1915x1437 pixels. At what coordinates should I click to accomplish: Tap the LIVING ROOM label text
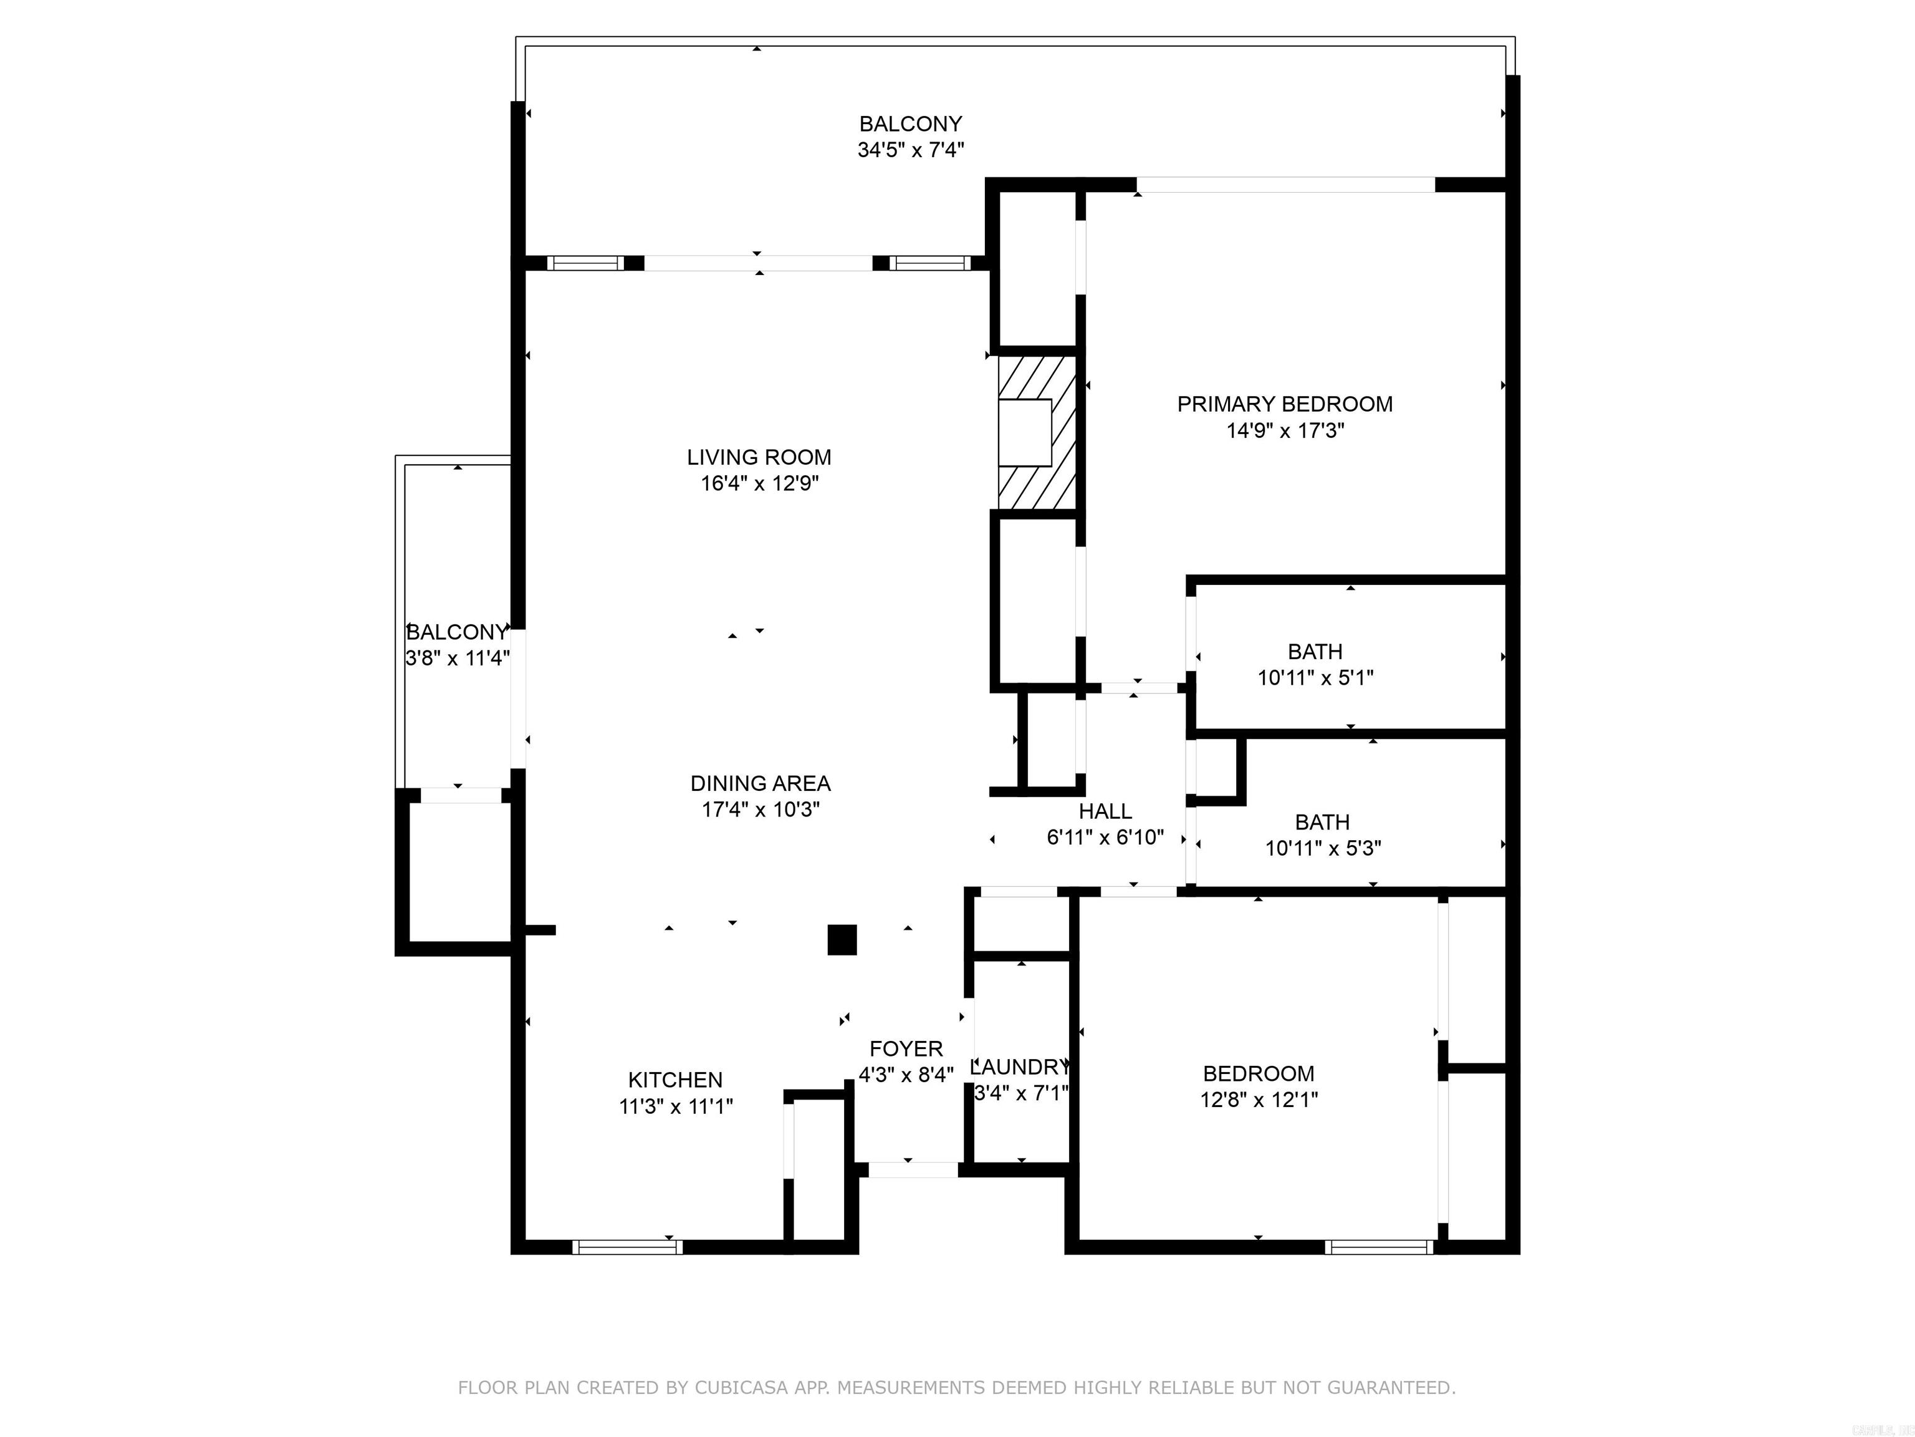tap(759, 457)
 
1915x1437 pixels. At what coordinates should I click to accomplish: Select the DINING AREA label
tap(760, 784)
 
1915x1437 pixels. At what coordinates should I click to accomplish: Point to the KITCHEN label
tap(675, 1080)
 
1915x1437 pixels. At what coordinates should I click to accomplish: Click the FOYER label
tap(906, 1049)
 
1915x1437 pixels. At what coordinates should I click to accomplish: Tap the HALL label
tap(1105, 811)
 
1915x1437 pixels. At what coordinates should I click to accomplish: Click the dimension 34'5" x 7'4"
tap(911, 150)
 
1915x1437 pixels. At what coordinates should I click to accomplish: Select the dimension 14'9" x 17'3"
tap(1285, 430)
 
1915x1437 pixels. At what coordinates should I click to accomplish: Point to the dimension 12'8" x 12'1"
tap(1259, 1100)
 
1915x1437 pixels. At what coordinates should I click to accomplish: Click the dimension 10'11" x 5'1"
tap(1315, 678)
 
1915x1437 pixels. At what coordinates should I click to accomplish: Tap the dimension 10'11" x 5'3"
tap(1323, 848)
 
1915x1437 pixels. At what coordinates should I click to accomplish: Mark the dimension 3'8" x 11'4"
tap(457, 658)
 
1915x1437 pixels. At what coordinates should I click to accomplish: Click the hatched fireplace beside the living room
tap(1037, 432)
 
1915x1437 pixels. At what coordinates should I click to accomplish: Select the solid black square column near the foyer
tap(842, 940)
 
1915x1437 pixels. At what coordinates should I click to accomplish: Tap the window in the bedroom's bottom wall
tap(1379, 1247)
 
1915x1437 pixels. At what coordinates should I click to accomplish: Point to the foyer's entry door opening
tap(913, 1170)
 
